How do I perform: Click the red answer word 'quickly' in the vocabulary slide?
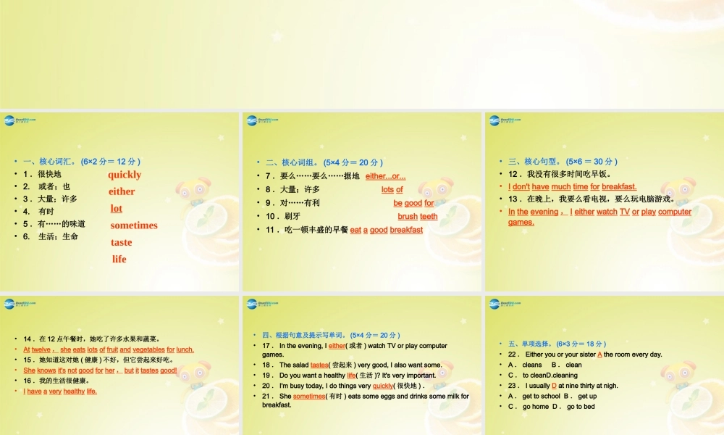[x=125, y=175]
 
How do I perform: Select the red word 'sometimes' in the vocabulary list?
[x=134, y=225]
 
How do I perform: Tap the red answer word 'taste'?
[x=121, y=242]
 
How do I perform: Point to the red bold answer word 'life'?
[x=119, y=259]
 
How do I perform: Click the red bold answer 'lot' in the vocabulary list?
[x=116, y=208]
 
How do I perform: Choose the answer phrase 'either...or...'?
[x=386, y=176]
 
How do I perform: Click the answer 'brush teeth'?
[x=418, y=216]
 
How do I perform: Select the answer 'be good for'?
[x=413, y=203]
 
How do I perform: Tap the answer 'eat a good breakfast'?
[x=386, y=230]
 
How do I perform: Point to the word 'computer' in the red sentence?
[x=675, y=212]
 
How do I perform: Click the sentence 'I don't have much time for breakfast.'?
[x=572, y=186]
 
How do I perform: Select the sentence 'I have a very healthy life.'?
[x=60, y=391]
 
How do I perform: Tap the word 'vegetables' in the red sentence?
[x=148, y=349]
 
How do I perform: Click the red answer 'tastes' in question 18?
[x=319, y=365]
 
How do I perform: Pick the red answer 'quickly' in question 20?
[x=382, y=386]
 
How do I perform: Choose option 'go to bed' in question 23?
[x=581, y=407]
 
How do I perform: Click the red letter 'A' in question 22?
[x=600, y=355]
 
